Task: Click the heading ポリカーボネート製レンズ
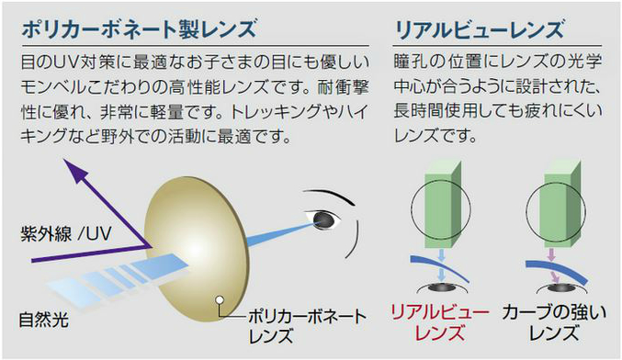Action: coord(139,29)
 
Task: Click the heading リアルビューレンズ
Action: coord(479,29)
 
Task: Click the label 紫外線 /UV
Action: coord(66,233)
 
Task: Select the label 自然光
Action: coord(44,320)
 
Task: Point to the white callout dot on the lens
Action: coord(220,299)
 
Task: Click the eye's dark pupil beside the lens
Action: coord(323,220)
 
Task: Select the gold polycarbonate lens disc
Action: coord(197,250)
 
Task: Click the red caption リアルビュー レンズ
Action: coord(439,322)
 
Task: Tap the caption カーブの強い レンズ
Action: coord(554,322)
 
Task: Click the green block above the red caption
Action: coord(443,205)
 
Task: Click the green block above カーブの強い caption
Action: coord(562,205)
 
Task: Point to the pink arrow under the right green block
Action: coord(553,265)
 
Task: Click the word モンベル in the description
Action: coord(53,87)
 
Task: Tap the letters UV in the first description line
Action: coord(66,62)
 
